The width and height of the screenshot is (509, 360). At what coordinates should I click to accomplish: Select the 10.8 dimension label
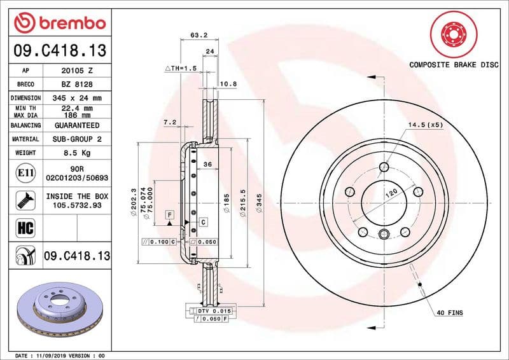pyautogui.click(x=228, y=84)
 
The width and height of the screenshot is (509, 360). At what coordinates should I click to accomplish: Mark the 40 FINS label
pyautogui.click(x=449, y=314)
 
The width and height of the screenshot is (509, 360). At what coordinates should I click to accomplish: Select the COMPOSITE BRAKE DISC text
pyautogui.click(x=454, y=65)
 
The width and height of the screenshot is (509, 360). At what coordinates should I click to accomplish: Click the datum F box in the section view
pyautogui.click(x=170, y=215)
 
